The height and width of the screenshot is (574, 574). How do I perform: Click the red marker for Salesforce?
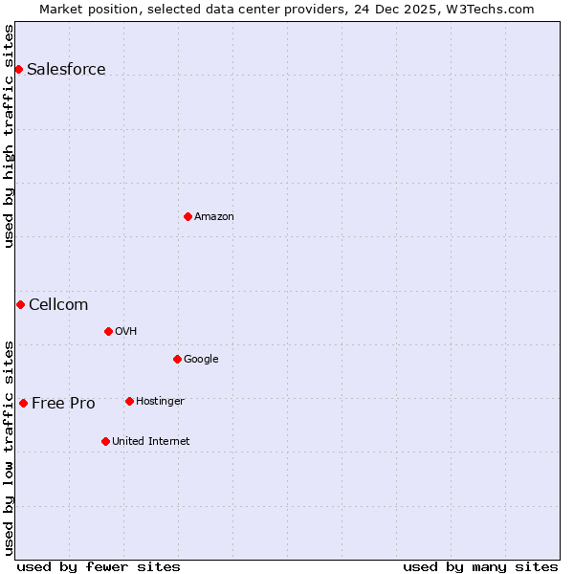click(18, 69)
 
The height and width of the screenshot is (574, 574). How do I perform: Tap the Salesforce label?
click(66, 69)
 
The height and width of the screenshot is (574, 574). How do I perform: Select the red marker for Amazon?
click(188, 216)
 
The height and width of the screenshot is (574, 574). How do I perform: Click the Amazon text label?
click(214, 216)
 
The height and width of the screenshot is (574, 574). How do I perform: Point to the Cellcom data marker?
click(20, 304)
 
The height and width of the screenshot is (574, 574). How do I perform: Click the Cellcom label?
click(58, 304)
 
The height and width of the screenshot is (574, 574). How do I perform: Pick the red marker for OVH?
click(108, 331)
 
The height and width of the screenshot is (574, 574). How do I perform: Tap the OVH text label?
click(126, 331)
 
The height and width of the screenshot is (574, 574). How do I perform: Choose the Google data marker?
click(177, 359)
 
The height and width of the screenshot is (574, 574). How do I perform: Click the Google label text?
click(201, 359)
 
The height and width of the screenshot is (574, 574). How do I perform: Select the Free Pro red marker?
click(23, 403)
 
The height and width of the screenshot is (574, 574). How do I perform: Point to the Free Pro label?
click(63, 403)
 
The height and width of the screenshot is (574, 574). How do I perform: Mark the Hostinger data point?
click(129, 401)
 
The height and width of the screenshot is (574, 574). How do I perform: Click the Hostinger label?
click(160, 401)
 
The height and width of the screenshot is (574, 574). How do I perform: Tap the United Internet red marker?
click(105, 441)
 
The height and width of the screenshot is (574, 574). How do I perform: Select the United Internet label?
click(151, 441)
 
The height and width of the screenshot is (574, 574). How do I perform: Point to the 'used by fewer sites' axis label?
click(99, 566)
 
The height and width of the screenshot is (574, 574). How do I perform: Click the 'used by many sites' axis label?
click(480, 566)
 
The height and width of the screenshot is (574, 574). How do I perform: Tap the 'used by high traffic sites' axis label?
click(9, 136)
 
